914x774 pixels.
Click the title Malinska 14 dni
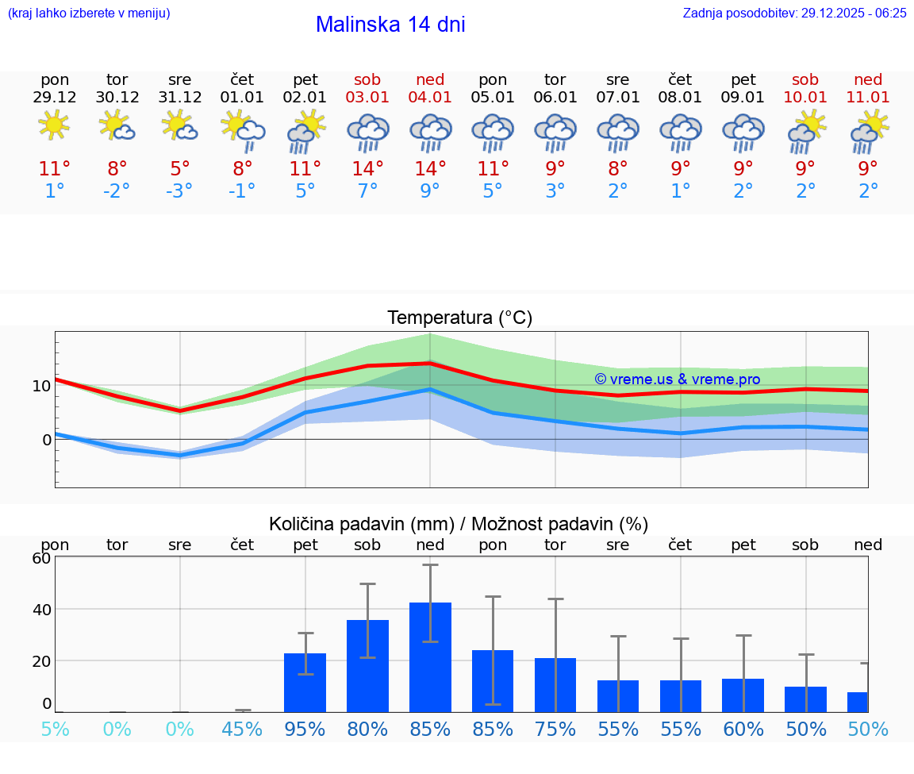[x=390, y=25]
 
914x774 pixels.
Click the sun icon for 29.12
[x=54, y=125]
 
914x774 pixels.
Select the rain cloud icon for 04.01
[x=430, y=132]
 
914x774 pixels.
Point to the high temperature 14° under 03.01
[x=367, y=169]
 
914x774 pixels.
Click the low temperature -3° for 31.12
[x=179, y=191]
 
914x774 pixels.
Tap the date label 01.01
[x=242, y=97]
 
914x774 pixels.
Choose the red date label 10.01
[x=805, y=97]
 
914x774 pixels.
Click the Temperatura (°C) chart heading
[x=459, y=318]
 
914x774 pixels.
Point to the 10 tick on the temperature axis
[x=41, y=386]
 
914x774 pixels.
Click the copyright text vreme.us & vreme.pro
[x=678, y=379]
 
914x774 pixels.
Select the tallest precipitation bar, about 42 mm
[x=430, y=657]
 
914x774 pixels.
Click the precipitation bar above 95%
[x=305, y=682]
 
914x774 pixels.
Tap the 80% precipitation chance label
[x=367, y=729]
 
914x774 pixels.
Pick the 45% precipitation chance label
[x=242, y=729]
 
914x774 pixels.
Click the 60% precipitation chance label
[x=743, y=729]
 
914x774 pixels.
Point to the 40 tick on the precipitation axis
[x=41, y=609]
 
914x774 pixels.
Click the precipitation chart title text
[x=459, y=524]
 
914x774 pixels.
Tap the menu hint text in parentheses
[x=89, y=13]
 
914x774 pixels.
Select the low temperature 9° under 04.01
[x=430, y=191]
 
